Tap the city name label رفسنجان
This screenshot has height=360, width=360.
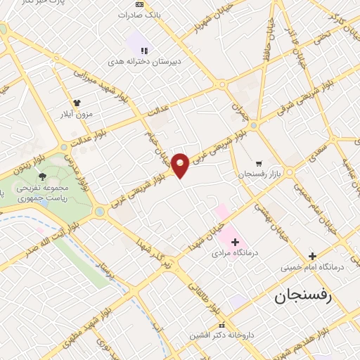click(307, 297)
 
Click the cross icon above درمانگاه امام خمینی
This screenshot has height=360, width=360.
click(313, 257)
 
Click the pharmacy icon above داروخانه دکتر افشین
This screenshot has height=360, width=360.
click(222, 325)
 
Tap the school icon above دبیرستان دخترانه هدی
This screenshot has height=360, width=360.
click(144, 51)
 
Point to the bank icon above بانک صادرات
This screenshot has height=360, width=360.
click(139, 4)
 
